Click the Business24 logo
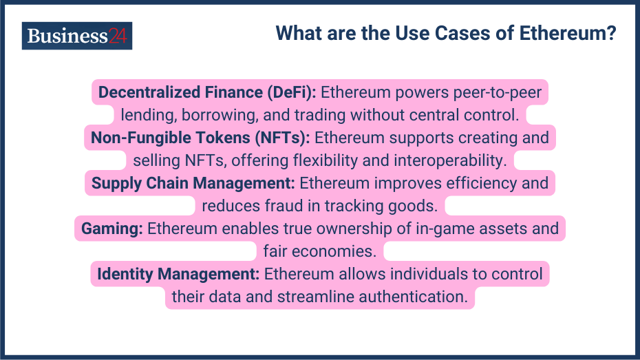[x=76, y=36]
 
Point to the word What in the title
[x=301, y=33]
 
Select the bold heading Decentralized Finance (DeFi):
[x=207, y=92]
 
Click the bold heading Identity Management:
[x=178, y=274]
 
